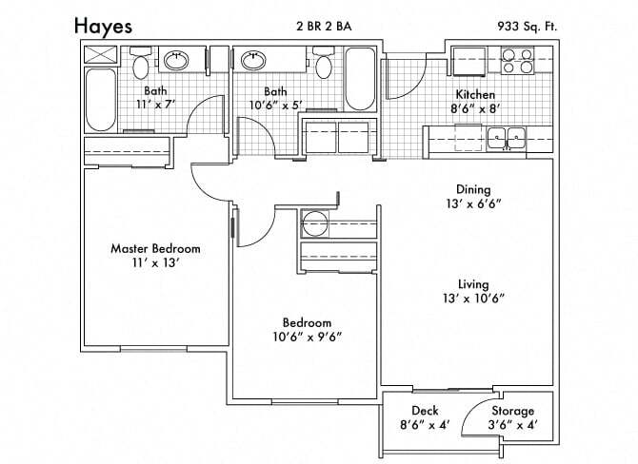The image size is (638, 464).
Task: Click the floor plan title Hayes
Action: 106,26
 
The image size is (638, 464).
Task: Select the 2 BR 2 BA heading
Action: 324,27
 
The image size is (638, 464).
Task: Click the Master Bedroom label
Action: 155,248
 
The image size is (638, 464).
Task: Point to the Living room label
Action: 472,284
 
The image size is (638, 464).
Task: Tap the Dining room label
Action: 472,188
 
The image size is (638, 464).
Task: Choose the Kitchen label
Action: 475,94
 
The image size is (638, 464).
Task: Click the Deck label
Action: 425,411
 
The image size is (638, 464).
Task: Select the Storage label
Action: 512,411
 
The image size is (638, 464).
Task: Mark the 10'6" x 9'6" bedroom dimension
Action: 307,336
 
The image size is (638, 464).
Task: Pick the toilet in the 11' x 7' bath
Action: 142,65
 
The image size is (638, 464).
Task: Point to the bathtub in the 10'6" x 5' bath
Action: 360,80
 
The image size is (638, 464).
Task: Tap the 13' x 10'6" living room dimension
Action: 472,299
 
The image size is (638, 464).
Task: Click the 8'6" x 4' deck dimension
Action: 425,425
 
